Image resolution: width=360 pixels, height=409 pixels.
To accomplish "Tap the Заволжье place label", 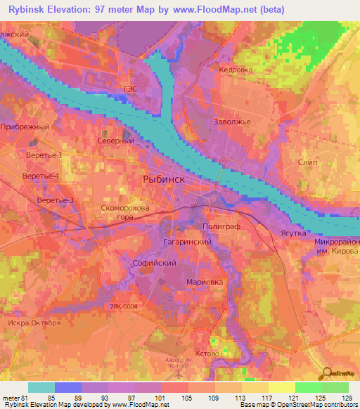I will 232,121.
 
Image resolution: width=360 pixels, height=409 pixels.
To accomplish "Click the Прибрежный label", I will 25,126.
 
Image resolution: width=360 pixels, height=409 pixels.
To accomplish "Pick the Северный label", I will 115,141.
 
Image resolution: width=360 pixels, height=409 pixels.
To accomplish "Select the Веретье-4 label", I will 41,176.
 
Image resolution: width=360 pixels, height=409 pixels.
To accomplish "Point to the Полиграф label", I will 222,228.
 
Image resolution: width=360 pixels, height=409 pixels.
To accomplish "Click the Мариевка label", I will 206,282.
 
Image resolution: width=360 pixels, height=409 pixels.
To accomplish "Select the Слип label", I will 308,163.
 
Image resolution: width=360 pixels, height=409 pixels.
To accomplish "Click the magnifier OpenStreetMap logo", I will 327,373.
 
